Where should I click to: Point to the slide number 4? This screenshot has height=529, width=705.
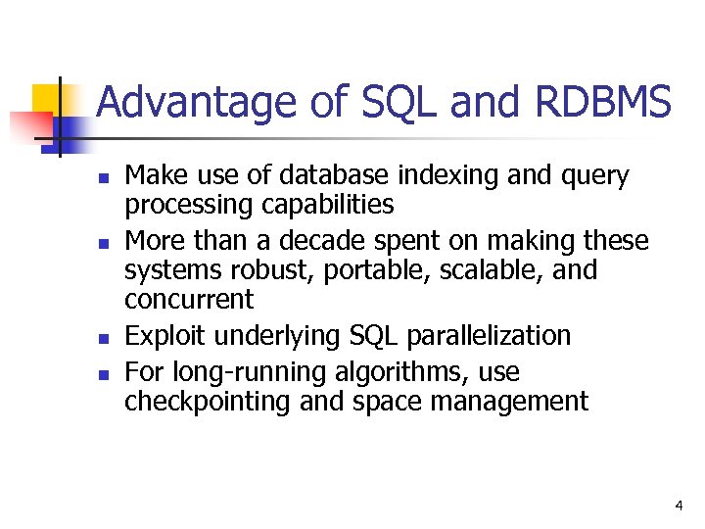click(678, 505)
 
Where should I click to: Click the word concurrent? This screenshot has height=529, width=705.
click(189, 299)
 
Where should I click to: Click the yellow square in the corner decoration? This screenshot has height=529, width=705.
click(47, 99)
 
